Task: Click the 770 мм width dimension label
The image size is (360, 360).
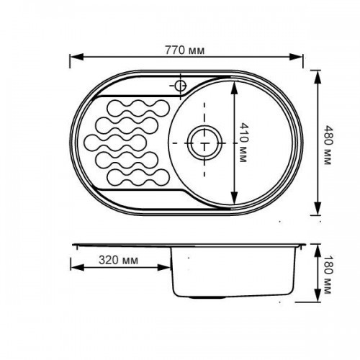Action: [184, 50]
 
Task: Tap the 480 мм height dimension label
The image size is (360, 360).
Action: [328, 145]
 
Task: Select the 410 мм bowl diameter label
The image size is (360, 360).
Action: [244, 143]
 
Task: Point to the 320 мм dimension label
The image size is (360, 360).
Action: [118, 260]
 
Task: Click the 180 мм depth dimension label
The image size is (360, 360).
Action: [328, 274]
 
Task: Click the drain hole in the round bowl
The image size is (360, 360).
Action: [204, 143]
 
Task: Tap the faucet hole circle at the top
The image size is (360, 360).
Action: [180, 86]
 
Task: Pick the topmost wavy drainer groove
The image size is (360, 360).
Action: [138, 108]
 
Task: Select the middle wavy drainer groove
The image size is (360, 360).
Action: [115, 143]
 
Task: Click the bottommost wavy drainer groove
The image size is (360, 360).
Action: [138, 178]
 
